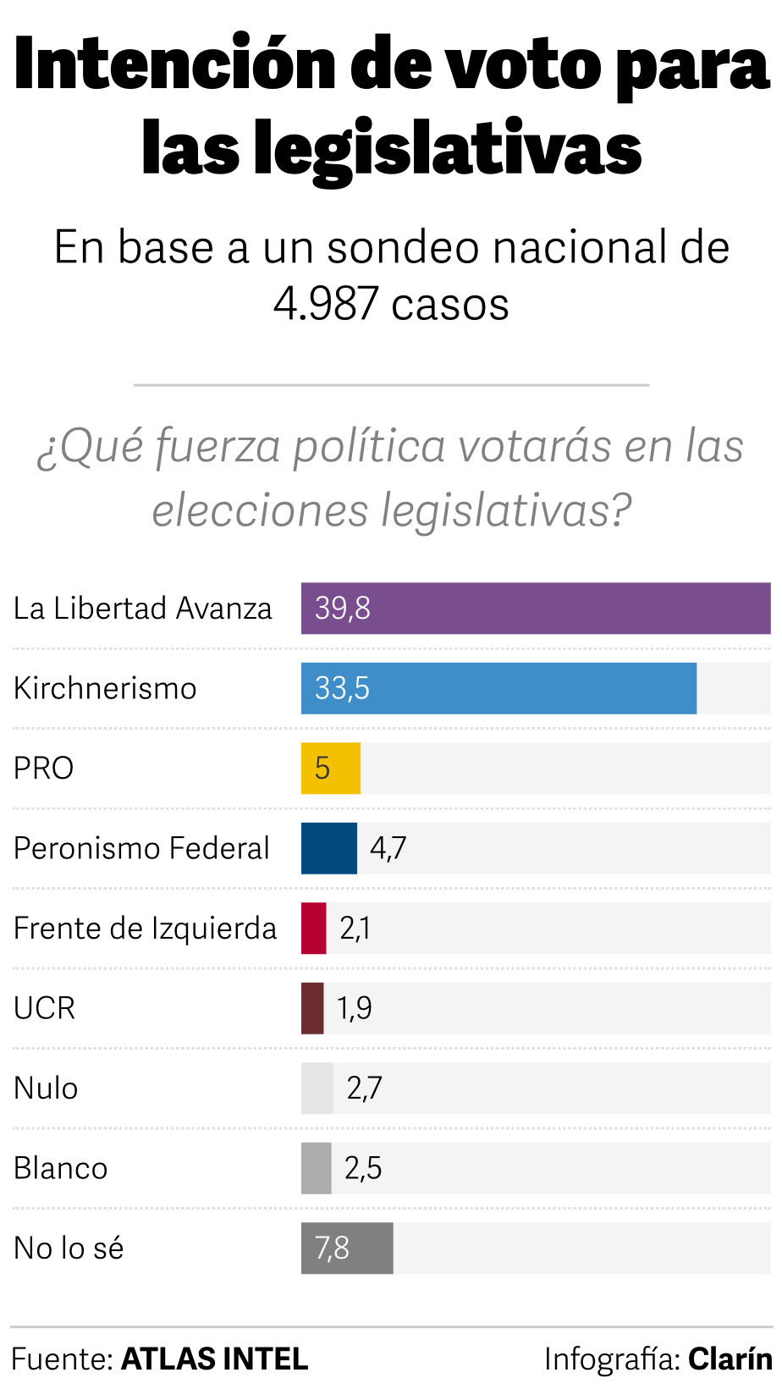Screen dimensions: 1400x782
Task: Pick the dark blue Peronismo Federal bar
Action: tap(329, 848)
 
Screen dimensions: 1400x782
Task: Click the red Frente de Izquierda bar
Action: tap(314, 928)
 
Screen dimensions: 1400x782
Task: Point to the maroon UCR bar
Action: tap(312, 1008)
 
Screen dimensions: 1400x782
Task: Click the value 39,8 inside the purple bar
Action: tap(343, 608)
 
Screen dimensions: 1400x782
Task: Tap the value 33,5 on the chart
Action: tap(342, 688)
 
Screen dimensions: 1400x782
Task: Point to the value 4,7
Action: tap(388, 848)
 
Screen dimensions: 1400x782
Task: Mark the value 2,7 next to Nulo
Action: tap(365, 1088)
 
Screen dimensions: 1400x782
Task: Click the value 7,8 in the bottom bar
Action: tap(332, 1248)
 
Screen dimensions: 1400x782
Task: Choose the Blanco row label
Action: tap(61, 1168)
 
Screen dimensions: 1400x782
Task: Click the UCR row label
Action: tap(45, 1008)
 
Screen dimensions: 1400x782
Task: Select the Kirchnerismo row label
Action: tap(105, 688)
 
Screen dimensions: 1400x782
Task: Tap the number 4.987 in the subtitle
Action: tap(326, 303)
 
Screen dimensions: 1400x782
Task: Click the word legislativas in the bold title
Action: tap(449, 149)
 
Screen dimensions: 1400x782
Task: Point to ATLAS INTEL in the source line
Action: tap(215, 1359)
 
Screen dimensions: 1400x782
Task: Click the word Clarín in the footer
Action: tap(730, 1359)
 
